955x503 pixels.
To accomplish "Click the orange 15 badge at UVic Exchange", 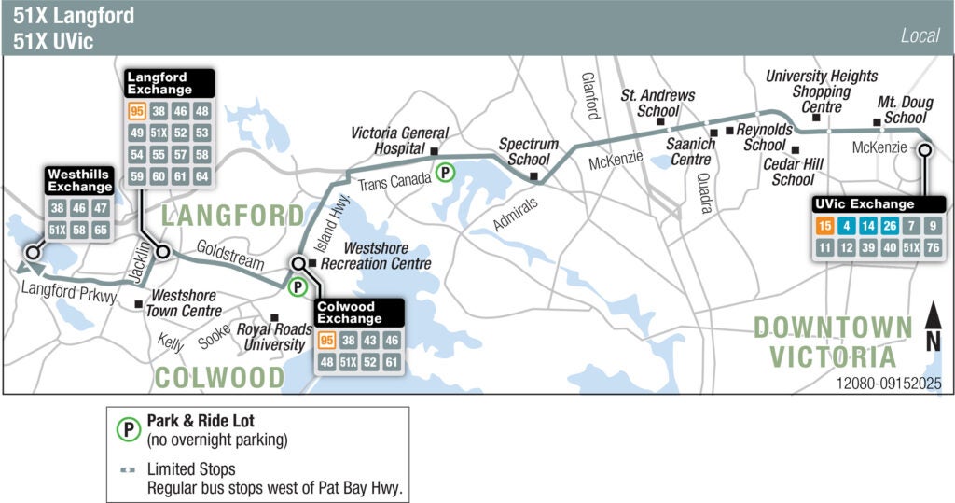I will pyautogui.click(x=824, y=226).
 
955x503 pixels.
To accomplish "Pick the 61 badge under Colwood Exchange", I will pyautogui.click(x=392, y=362).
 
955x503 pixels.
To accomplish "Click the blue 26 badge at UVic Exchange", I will pyautogui.click(x=890, y=226).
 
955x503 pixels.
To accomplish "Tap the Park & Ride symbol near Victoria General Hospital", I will pyautogui.click(x=447, y=172).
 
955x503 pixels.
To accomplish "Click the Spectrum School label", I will pyautogui.click(x=528, y=151).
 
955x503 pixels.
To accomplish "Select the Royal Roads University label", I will pyautogui.click(x=270, y=337).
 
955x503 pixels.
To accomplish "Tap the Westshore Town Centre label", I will pyautogui.click(x=186, y=303).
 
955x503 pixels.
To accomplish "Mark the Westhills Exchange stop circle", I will pyautogui.click(x=33, y=252).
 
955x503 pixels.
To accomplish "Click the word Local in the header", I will pyautogui.click(x=920, y=36).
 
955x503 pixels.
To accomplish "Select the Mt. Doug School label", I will pyautogui.click(x=902, y=109).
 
